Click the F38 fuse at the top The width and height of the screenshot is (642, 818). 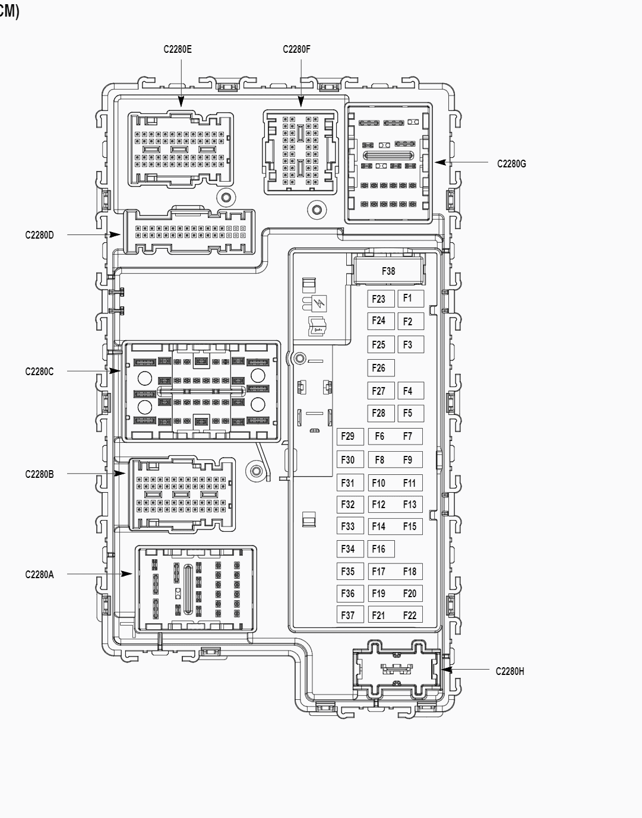click(x=388, y=271)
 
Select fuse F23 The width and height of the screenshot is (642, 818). click(x=379, y=299)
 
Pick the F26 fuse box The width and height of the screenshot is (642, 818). click(x=379, y=368)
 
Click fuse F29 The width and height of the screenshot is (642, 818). click(x=348, y=437)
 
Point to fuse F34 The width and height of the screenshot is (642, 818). click(x=348, y=549)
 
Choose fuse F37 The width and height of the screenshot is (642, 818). click(x=348, y=616)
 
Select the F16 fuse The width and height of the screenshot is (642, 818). click(x=379, y=549)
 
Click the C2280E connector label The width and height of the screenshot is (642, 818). click(x=178, y=49)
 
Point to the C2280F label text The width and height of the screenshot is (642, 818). click(x=296, y=49)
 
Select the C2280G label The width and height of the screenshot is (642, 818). click(x=511, y=163)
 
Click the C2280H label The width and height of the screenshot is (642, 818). click(x=510, y=671)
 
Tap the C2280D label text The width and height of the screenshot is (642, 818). click(x=39, y=235)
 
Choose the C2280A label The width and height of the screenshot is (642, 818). click(x=39, y=574)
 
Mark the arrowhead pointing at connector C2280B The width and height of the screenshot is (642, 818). click(x=121, y=474)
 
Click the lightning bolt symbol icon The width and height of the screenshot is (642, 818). click(x=322, y=305)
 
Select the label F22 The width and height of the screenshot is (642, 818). click(x=410, y=616)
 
